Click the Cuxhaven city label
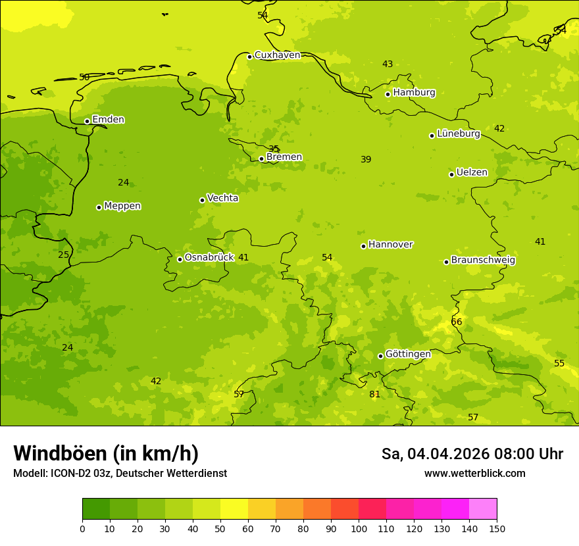tap(277, 55)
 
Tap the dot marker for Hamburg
tap(388, 94)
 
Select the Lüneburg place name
tap(458, 134)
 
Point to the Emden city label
tap(108, 120)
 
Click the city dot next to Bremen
tap(261, 159)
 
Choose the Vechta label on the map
tap(222, 198)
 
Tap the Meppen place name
tap(122, 206)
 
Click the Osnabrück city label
tap(209, 257)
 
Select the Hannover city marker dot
tap(363, 246)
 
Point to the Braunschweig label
tap(483, 260)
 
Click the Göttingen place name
tap(408, 354)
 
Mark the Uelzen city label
tap(472, 172)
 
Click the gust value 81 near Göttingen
tap(374, 394)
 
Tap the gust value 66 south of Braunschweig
tap(457, 322)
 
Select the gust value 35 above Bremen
tap(274, 149)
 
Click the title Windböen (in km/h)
tap(106, 453)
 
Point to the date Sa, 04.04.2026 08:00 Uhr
tap(472, 454)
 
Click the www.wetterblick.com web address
tap(474, 474)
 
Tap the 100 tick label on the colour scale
tap(359, 528)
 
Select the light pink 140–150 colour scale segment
tap(483, 509)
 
